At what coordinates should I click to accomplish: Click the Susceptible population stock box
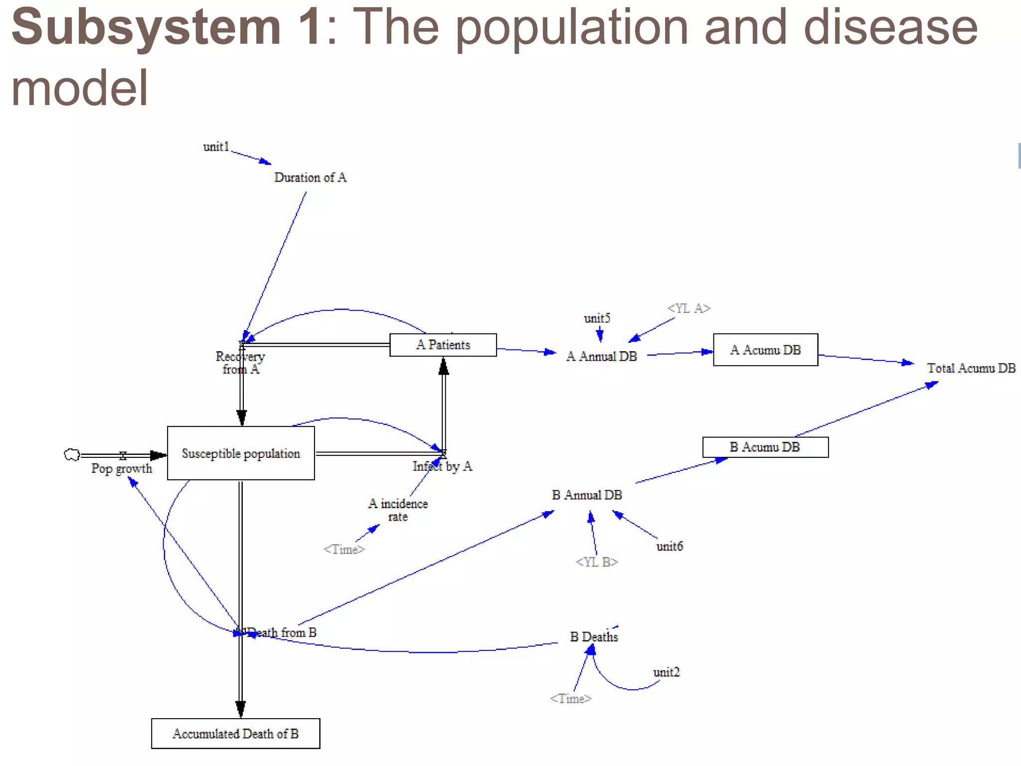(x=241, y=453)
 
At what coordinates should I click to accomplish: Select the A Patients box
(x=443, y=345)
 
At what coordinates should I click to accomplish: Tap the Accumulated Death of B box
(x=235, y=734)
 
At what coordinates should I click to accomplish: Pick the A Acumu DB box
(x=765, y=350)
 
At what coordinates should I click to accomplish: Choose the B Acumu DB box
(x=765, y=447)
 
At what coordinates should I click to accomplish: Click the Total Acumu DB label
(x=971, y=368)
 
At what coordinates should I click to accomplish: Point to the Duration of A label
(x=310, y=178)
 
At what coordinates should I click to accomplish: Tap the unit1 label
(x=216, y=147)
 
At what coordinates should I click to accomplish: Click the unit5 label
(x=597, y=318)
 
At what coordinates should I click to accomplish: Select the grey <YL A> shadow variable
(x=688, y=308)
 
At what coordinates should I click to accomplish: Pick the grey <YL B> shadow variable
(x=596, y=562)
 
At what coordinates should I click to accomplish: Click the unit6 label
(x=669, y=547)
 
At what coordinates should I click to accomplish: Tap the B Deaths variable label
(x=594, y=637)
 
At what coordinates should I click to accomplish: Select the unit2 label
(x=666, y=672)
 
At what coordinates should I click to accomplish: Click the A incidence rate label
(x=398, y=510)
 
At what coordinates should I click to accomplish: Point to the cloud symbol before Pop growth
(x=72, y=454)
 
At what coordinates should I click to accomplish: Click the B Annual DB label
(x=587, y=495)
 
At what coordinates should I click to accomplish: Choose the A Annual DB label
(x=601, y=357)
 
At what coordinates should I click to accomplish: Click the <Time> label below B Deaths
(x=570, y=699)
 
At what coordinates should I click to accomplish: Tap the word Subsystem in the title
(x=146, y=27)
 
